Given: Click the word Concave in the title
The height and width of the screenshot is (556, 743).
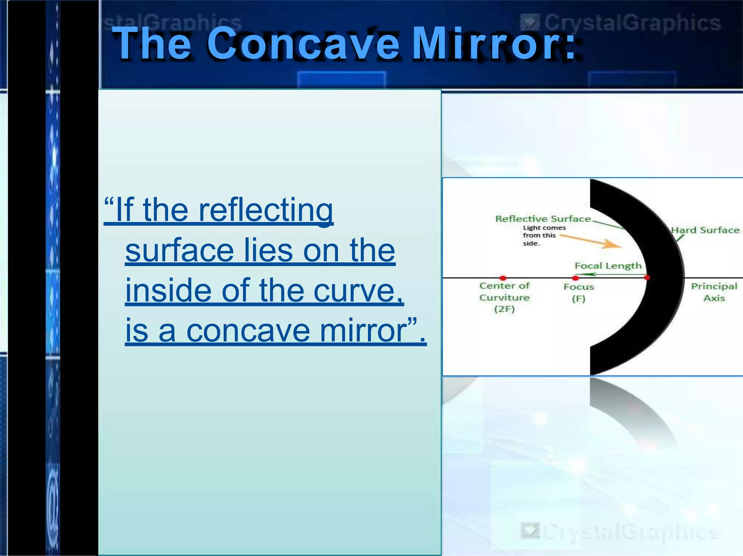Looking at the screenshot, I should coord(303,44).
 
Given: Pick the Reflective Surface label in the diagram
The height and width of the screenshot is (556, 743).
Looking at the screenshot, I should coord(543,219).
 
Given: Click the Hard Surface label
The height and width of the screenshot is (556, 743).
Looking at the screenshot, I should coord(705,230).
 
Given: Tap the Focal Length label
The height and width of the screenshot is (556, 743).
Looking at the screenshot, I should coord(608,266).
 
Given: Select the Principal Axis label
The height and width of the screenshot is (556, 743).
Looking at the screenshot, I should coord(714,292).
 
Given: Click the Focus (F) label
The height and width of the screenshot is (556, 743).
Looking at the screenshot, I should coord(579,292).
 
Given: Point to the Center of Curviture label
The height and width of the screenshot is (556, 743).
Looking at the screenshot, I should coord(504,297).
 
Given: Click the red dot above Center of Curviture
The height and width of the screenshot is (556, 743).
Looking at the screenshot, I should coord(502,278).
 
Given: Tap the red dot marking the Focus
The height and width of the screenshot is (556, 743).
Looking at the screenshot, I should coord(575,278).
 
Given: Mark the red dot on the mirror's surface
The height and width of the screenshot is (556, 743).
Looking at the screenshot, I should coord(646,278).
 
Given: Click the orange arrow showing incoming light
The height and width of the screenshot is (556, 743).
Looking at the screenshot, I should coord(591,241).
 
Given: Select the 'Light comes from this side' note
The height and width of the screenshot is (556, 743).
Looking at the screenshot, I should coord(543,235).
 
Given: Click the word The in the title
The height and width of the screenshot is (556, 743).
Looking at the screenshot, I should coord(152,44).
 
